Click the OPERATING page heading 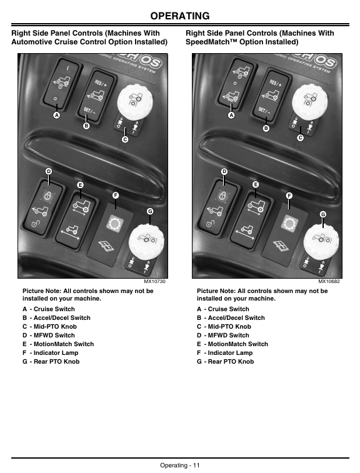pos(180,16)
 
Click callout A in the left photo pos(56,115)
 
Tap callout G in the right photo pos(323,214)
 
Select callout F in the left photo pos(115,196)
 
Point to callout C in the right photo pos(300,138)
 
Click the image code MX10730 pos(154,281)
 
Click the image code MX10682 pos(329,281)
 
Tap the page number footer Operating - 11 pos(180,465)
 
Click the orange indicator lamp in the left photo pos(114,223)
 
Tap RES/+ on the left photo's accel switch pos(101,83)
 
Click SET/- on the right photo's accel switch pos(264,111)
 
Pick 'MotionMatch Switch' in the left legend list pos(64,344)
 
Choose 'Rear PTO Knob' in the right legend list pos(231,361)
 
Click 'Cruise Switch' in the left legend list pos(54,309)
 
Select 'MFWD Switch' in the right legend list pos(228,335)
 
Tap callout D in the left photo pos(49,171)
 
